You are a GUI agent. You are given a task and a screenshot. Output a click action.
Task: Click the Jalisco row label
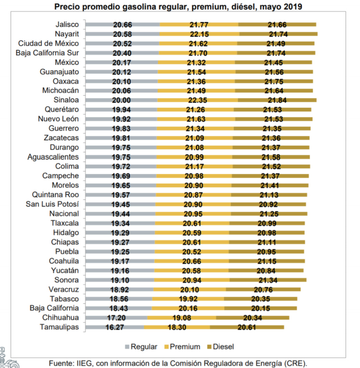pos(67,25)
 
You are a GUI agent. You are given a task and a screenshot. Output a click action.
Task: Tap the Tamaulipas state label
pos(60,327)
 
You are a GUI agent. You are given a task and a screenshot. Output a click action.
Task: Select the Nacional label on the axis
pos(64,214)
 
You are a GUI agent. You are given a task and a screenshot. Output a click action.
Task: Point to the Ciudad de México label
pos(48,43)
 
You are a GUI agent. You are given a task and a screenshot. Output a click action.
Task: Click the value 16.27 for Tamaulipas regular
pos(115,327)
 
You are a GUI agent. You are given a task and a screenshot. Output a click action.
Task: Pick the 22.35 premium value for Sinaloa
pos(197,100)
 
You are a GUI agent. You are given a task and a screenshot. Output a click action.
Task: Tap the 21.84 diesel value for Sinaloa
pos(277,100)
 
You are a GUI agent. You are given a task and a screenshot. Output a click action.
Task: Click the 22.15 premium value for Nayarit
pos(199,34)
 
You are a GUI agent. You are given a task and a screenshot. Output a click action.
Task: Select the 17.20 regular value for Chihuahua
pos(116,318)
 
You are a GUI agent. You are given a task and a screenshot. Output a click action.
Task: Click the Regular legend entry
pos(141,347)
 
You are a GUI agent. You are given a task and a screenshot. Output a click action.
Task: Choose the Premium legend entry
pos(182,347)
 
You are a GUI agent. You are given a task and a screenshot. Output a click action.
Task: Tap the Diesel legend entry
pos(221,347)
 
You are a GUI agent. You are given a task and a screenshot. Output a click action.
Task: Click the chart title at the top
pos(178,7)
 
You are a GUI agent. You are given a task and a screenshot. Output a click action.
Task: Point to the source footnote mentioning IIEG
pos(178,363)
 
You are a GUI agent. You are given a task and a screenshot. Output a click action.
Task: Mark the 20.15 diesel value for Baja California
pos(261,308)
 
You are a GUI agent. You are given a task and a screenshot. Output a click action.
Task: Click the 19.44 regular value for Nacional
pos(120,214)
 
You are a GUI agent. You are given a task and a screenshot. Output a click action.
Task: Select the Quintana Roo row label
pos(55,195)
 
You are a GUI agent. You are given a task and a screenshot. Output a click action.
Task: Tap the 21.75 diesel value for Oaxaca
pos(274,82)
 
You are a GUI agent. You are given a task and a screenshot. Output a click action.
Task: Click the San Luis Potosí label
pos(52,204)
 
